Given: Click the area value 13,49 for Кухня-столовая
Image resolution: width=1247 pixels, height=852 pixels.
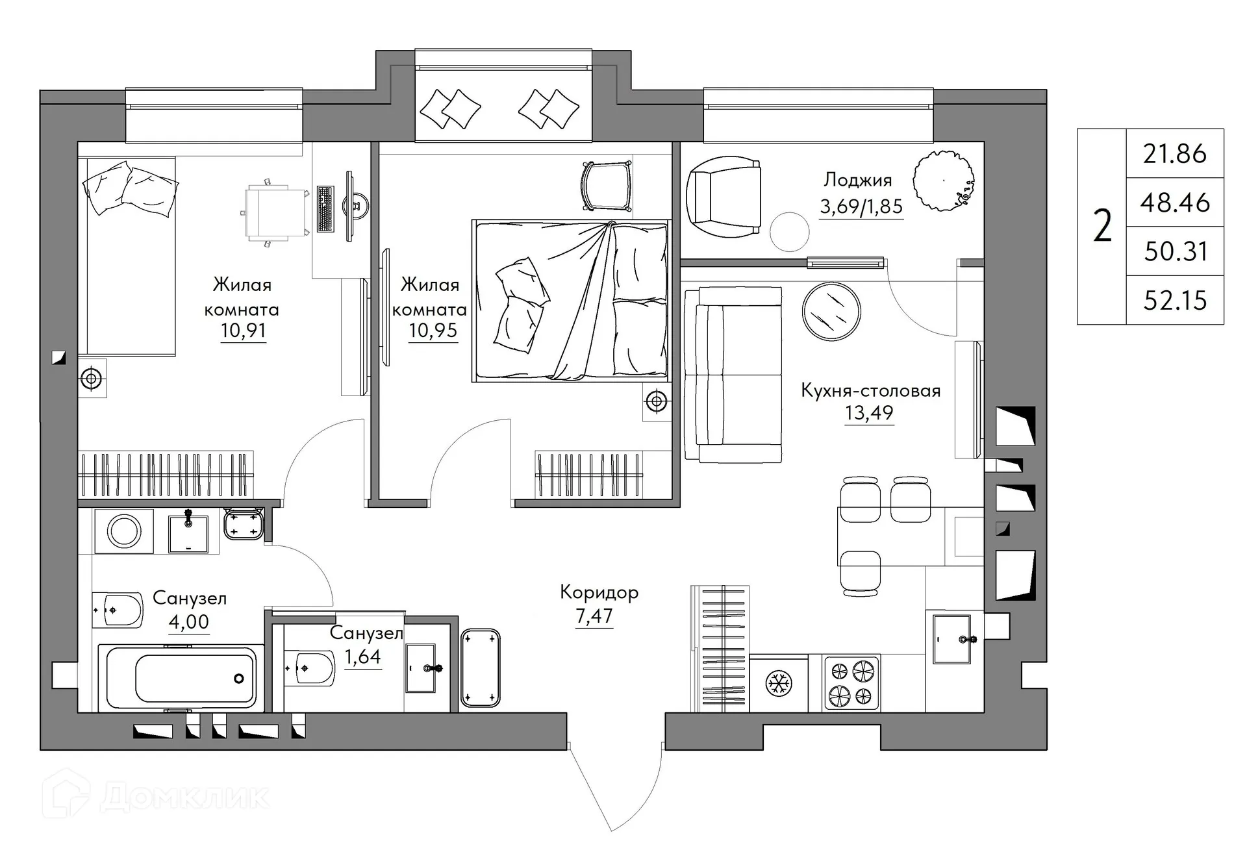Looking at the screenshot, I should pyautogui.click(x=869, y=413).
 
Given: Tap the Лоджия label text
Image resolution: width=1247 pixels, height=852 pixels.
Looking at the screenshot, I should pyautogui.click(x=857, y=180).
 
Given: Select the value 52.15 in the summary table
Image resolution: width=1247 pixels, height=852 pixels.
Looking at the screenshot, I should pyautogui.click(x=1175, y=301).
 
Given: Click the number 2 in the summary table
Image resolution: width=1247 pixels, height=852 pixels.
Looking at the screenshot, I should pyautogui.click(x=1102, y=227).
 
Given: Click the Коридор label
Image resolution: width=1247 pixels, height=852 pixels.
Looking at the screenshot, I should pyautogui.click(x=599, y=592).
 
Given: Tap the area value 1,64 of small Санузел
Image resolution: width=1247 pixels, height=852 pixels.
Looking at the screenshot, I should pyautogui.click(x=362, y=657).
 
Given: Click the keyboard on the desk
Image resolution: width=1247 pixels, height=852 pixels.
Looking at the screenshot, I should pyautogui.click(x=325, y=208).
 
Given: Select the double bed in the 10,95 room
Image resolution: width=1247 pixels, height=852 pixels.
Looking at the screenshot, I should pyautogui.click(x=572, y=301).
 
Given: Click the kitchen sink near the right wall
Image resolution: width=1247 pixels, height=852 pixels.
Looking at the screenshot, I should pyautogui.click(x=952, y=640).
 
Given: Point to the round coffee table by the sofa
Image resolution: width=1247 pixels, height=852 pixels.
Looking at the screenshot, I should pyautogui.click(x=831, y=312).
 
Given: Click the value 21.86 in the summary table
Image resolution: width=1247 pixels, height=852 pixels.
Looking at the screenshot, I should pyautogui.click(x=1175, y=154).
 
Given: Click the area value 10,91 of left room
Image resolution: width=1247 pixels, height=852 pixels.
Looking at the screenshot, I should pyautogui.click(x=243, y=331).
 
